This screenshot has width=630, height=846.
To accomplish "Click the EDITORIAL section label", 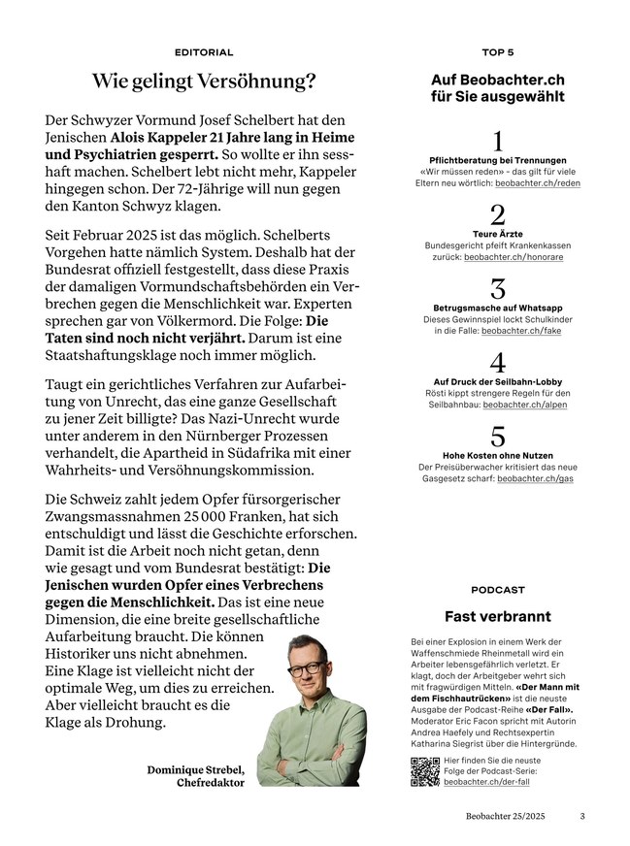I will (x=204, y=52).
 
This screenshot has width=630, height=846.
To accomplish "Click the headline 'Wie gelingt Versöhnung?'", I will (x=204, y=81).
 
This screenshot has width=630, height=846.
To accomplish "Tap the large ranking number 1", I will (x=498, y=141).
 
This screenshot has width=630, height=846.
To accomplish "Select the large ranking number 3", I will (x=498, y=289).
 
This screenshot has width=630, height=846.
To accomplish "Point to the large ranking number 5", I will (x=498, y=438).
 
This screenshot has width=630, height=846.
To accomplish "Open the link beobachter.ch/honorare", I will (x=513, y=257).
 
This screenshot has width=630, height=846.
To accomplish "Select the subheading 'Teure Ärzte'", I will (x=498, y=234).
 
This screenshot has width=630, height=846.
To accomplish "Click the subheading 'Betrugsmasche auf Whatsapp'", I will (x=498, y=308).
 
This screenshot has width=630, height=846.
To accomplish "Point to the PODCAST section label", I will (x=498, y=589).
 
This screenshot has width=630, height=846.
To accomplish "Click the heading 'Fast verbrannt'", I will (x=498, y=616).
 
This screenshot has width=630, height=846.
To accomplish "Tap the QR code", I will (x=425, y=771).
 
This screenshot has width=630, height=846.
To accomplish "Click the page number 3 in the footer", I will (x=582, y=817).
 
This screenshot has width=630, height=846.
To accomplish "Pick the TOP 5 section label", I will (x=498, y=52).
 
